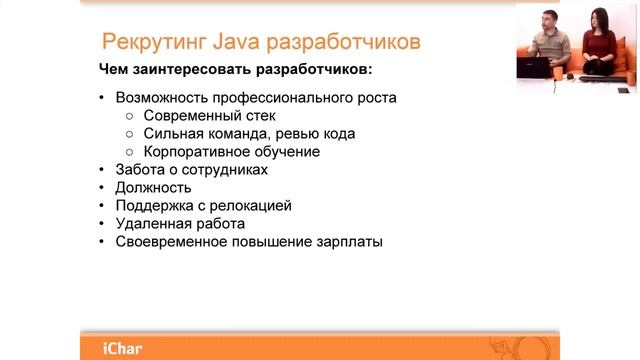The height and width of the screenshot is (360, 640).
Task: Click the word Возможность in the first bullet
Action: tap(160, 98)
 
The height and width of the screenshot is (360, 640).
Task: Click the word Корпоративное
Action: tap(193, 152)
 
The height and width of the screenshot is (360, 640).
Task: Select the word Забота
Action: tap(140, 170)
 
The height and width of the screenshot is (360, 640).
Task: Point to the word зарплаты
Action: tap(349, 242)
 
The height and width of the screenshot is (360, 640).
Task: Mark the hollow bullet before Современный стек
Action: tap(130, 116)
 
